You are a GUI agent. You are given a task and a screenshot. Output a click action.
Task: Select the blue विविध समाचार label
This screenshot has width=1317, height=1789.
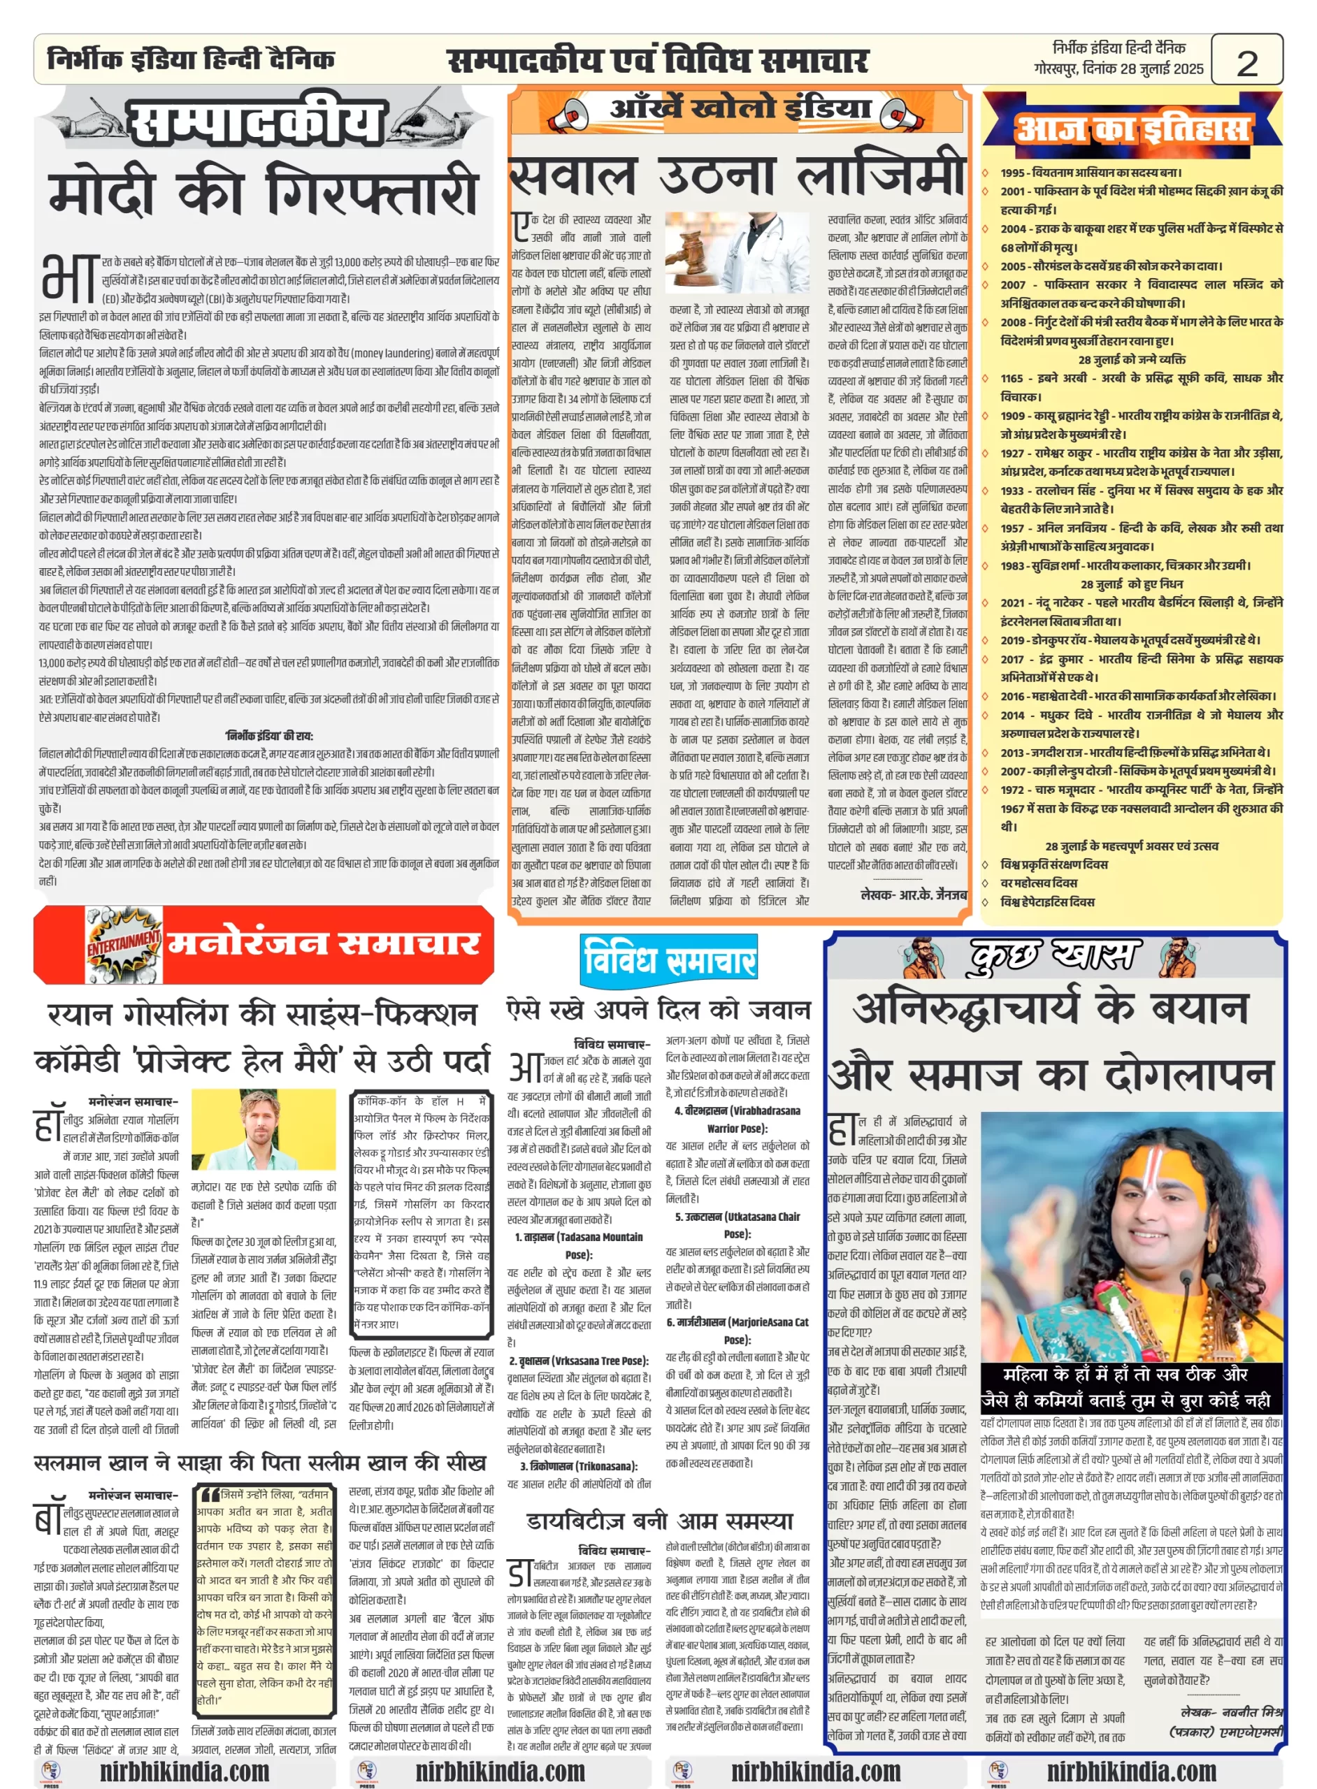(669, 959)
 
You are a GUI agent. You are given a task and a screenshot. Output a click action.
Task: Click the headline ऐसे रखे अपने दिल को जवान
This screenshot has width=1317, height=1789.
(658, 1011)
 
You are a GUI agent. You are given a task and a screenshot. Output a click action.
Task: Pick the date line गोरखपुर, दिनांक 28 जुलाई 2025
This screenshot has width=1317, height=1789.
(1118, 69)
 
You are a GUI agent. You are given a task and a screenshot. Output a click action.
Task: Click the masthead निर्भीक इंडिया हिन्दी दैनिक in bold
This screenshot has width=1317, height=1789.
(192, 59)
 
